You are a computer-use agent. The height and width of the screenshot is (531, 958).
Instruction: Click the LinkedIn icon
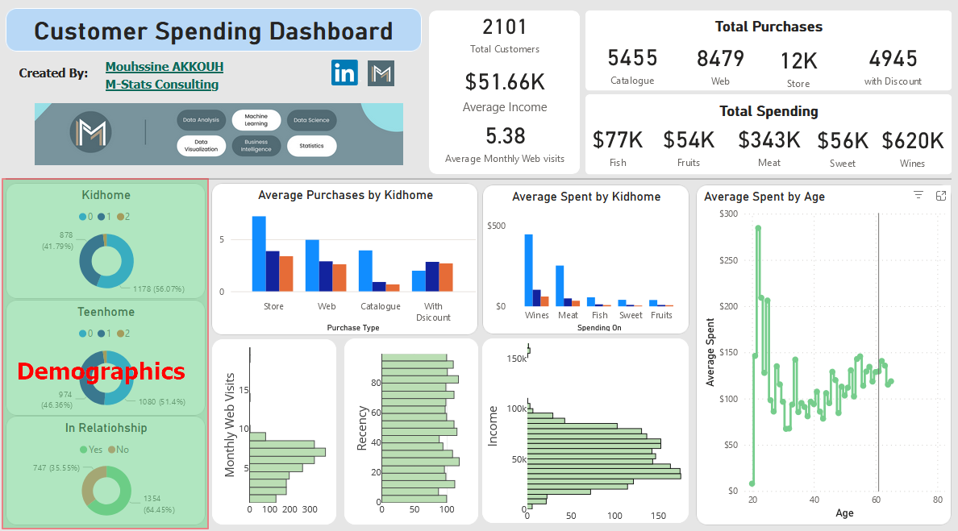(344, 73)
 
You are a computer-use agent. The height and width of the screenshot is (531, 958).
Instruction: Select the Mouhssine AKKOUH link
(165, 67)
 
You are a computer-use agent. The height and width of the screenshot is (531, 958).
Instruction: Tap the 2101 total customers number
(504, 27)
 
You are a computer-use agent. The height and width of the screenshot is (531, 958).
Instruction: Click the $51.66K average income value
(505, 81)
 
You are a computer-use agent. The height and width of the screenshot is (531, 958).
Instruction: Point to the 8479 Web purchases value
(720, 59)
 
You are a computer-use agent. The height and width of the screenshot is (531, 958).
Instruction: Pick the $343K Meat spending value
(769, 140)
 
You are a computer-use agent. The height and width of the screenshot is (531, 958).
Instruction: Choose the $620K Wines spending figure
(912, 140)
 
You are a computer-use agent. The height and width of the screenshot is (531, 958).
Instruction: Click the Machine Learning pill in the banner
(256, 120)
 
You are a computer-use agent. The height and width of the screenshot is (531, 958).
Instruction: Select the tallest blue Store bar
(259, 253)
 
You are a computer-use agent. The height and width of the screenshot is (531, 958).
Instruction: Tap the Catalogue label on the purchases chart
(381, 306)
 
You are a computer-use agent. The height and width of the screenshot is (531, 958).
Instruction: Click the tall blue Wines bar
(529, 270)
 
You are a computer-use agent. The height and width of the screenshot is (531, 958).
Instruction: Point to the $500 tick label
(496, 226)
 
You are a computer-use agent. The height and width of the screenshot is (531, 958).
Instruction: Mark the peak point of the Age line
(758, 228)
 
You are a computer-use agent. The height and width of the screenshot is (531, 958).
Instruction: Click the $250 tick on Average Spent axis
(729, 260)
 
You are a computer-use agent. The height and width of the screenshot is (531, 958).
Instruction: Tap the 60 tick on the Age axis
(875, 500)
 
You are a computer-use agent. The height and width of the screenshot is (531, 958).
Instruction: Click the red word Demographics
(101, 371)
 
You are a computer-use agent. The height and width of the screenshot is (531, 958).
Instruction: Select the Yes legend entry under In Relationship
(91, 450)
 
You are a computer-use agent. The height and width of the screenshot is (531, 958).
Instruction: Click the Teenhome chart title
(106, 312)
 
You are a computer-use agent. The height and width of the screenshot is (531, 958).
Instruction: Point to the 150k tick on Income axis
(516, 359)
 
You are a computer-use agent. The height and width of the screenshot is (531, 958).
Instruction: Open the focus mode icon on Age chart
(940, 195)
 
